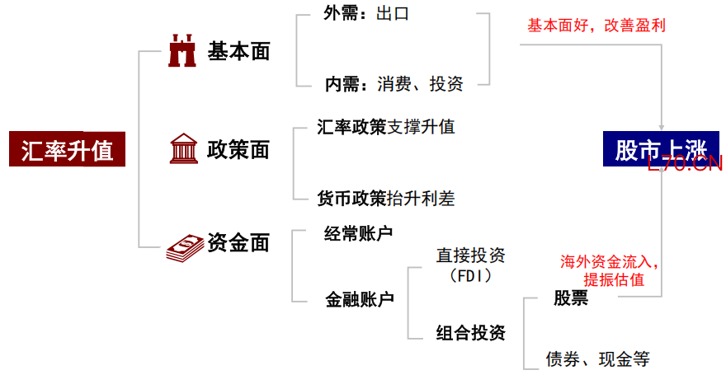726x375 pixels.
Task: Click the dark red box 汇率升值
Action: (68, 150)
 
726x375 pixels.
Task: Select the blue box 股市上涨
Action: (660, 149)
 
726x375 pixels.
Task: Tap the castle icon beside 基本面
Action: (182, 51)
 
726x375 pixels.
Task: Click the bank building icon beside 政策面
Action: (182, 149)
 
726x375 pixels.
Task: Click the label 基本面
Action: (238, 52)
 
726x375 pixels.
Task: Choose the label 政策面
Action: (238, 150)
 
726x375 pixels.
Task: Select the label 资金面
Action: (238, 243)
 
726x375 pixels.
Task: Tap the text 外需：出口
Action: (366, 14)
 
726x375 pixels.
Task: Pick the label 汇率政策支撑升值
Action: (386, 127)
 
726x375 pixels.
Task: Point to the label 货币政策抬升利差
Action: (386, 198)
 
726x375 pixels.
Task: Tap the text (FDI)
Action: (470, 274)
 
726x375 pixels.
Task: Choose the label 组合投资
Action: (470, 333)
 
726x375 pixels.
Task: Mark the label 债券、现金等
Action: (598, 359)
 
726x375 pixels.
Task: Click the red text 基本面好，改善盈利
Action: (596, 26)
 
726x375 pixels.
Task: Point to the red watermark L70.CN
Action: (686, 165)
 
